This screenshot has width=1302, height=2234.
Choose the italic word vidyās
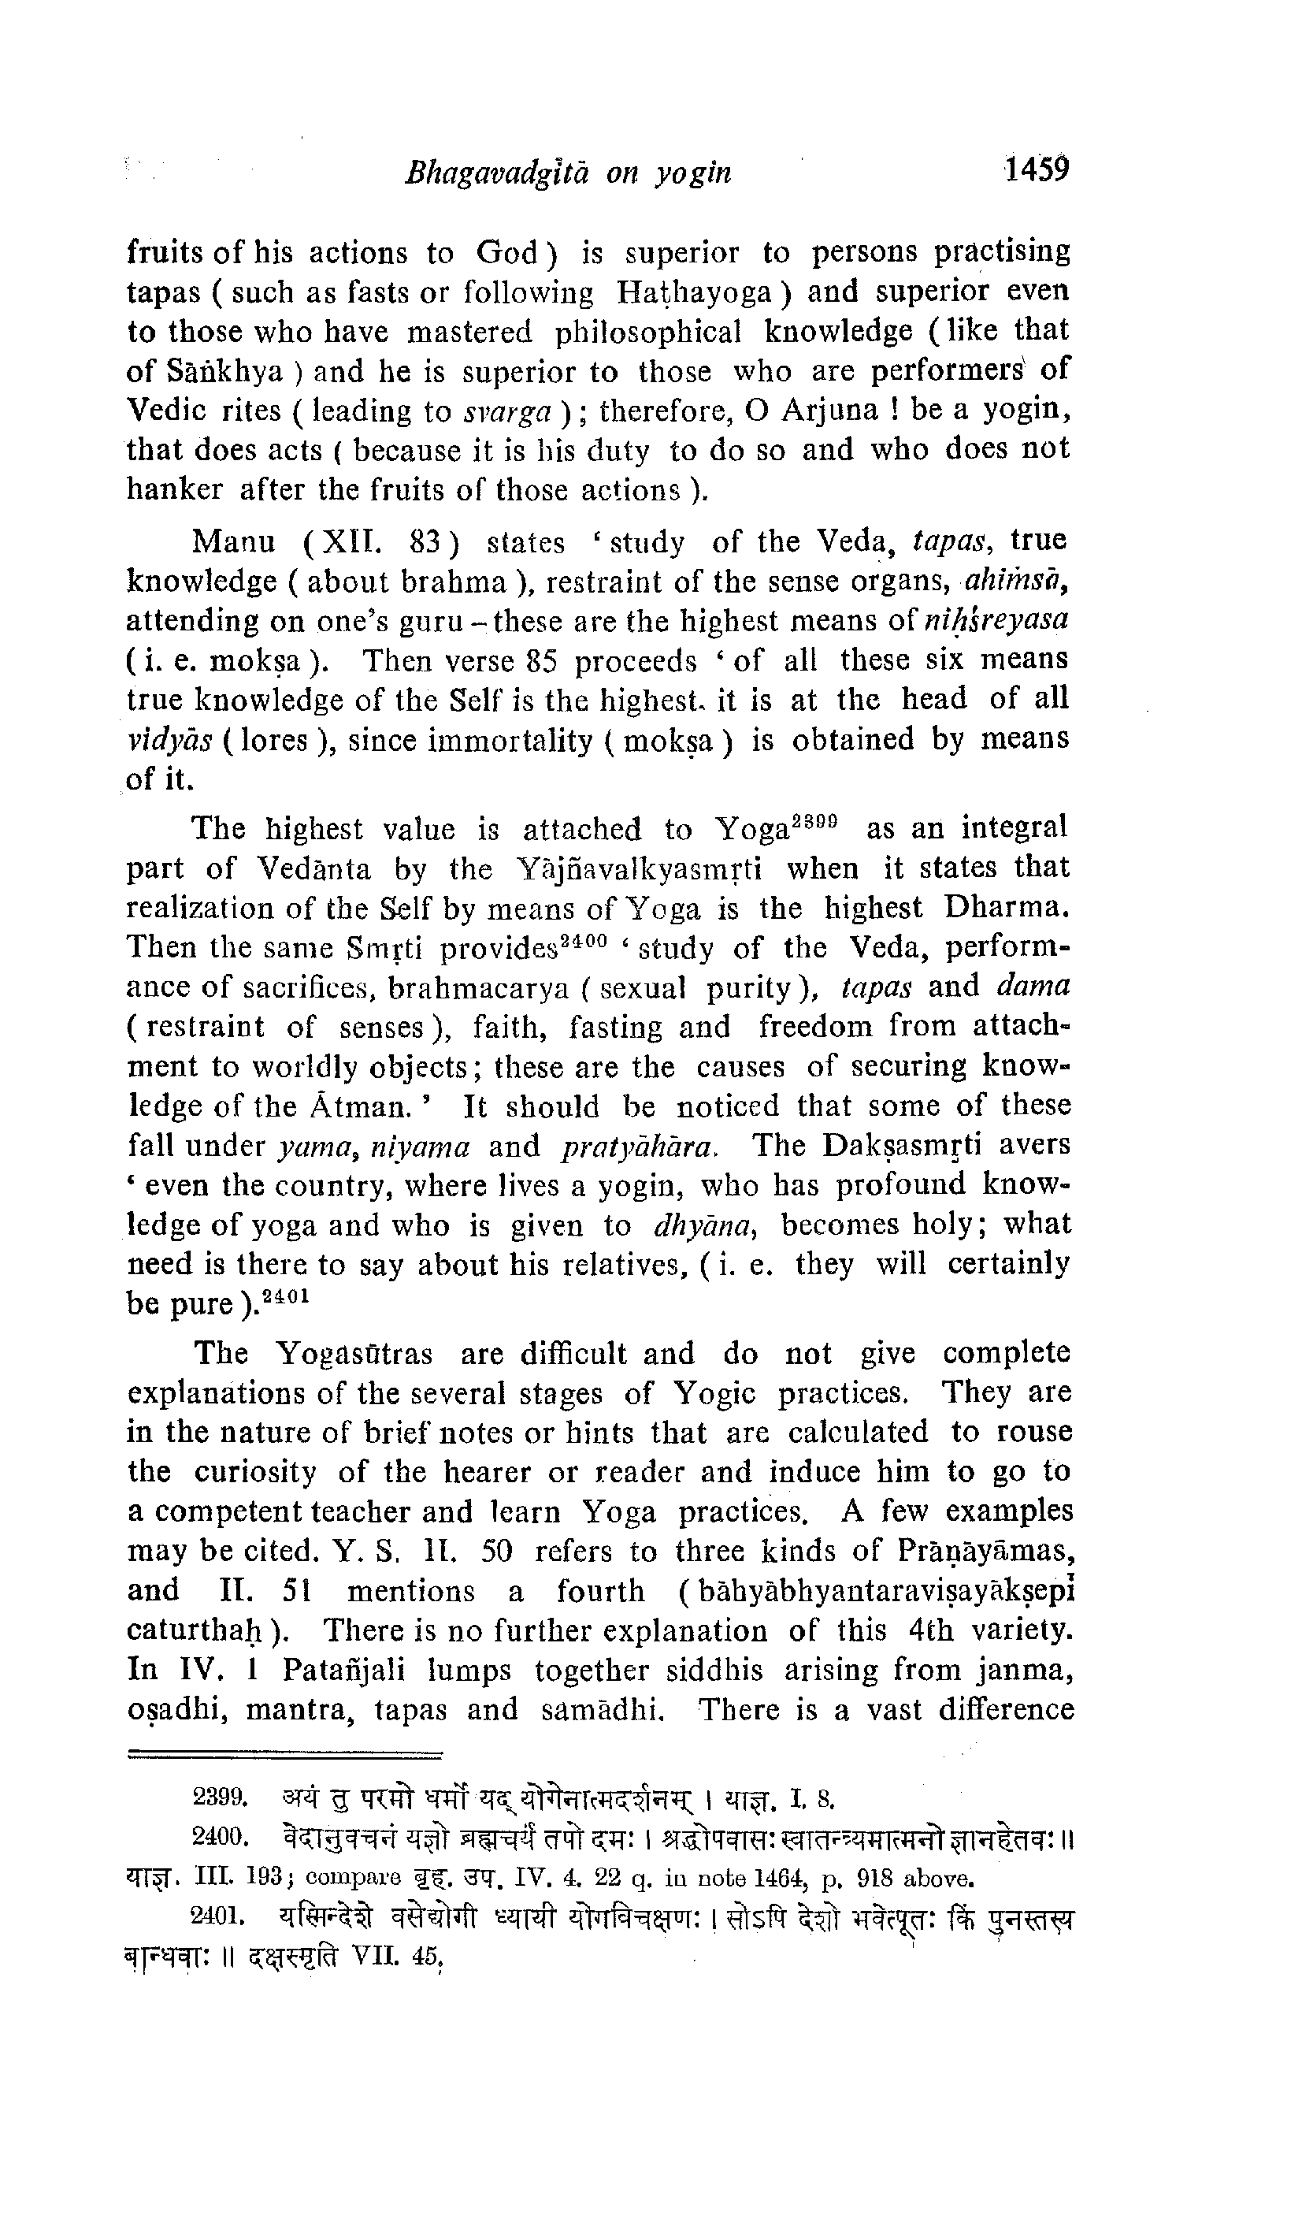click(169, 740)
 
